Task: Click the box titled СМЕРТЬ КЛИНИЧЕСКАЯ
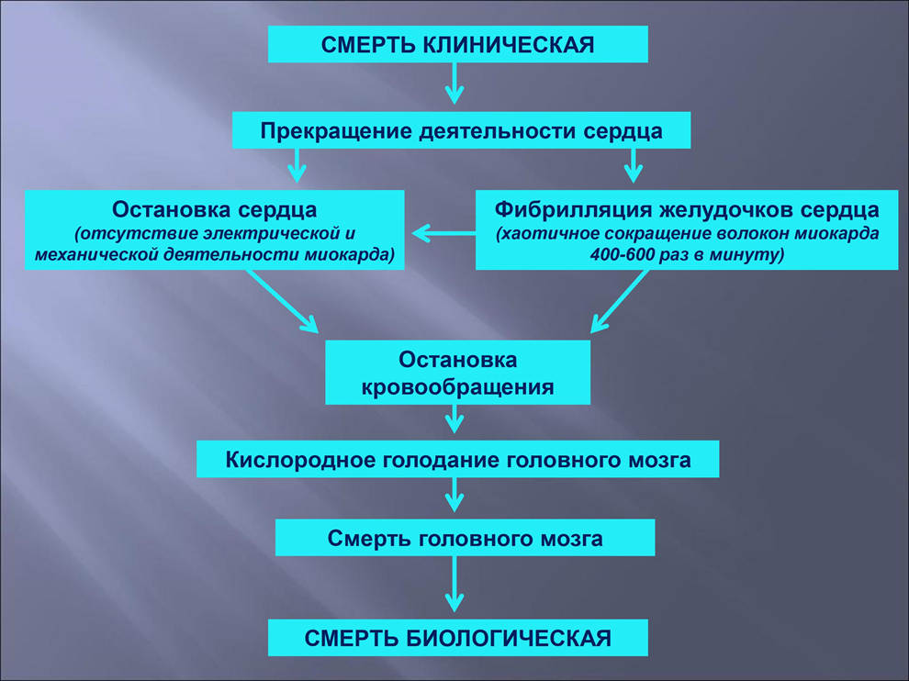pos(457,44)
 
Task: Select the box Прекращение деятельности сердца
pos(462,129)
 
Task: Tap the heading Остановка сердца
pos(215,209)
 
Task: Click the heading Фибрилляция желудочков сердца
pos(687,209)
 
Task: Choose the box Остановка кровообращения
pos(457,372)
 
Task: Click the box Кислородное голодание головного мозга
pos(457,459)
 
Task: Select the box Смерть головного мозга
pos(465,537)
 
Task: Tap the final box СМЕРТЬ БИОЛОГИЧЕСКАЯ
pos(457,638)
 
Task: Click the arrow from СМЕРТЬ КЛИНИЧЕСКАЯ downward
pos(454,84)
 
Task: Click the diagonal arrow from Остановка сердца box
pos(282,301)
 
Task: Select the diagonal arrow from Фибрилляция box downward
pos(619,301)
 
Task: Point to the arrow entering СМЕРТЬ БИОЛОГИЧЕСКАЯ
pos(454,585)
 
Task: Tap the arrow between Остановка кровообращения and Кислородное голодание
pos(454,419)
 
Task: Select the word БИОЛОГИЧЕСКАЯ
pos(508,638)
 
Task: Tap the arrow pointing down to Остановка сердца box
pos(297,166)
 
